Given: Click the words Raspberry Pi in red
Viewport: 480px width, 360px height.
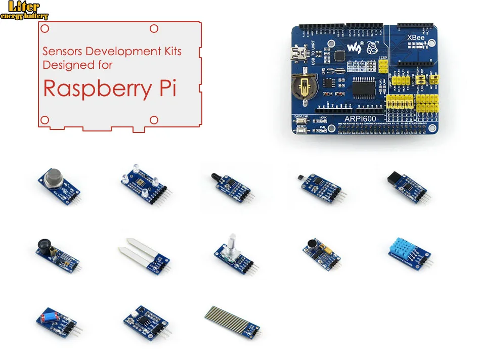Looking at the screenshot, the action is click(x=109, y=87).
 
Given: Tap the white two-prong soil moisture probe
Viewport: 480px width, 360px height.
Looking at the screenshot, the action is click(x=137, y=250).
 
